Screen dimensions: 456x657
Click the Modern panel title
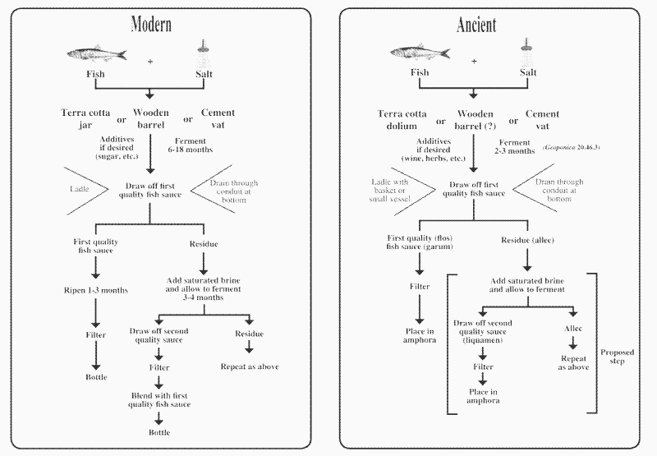pos(151,24)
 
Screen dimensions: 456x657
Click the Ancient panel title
pos(476,24)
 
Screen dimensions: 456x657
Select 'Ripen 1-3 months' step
pos(97,290)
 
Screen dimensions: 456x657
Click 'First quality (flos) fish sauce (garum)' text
pos(420,243)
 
